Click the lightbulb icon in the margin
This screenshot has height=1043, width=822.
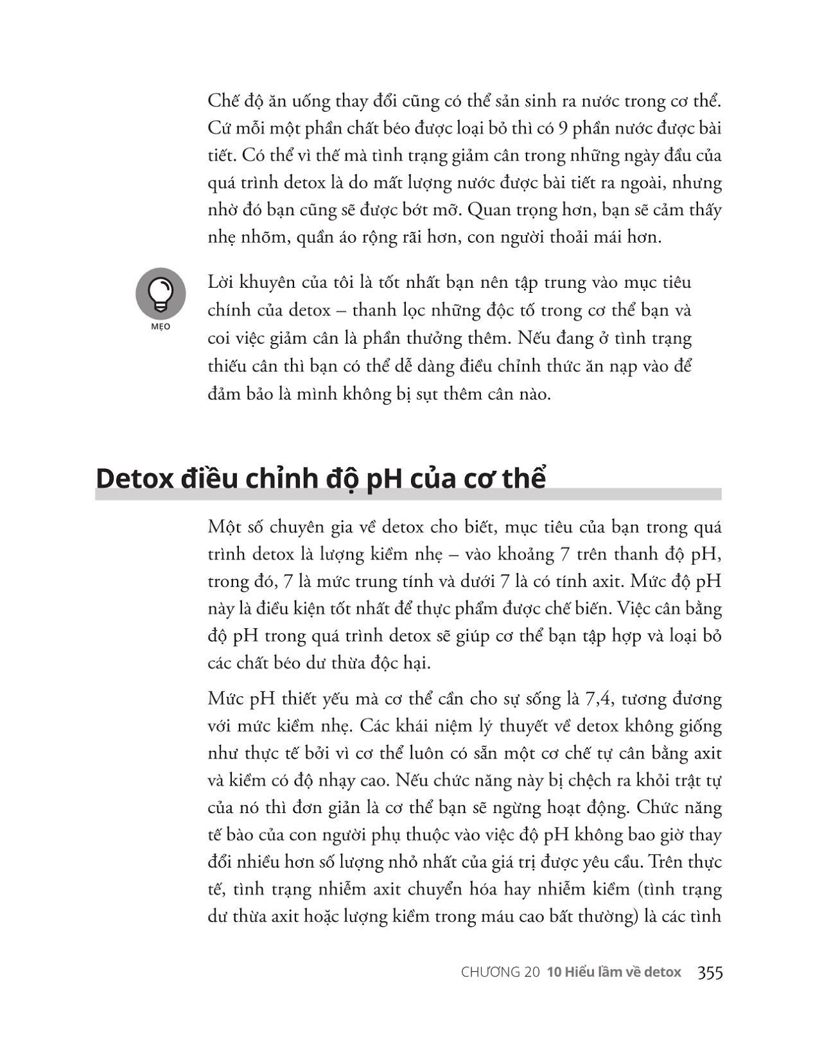(x=161, y=294)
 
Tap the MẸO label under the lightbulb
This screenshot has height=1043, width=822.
(x=161, y=327)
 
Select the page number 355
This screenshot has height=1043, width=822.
(x=710, y=972)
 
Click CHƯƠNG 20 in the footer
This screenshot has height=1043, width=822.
(x=500, y=972)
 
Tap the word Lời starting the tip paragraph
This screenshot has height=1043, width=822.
(x=222, y=283)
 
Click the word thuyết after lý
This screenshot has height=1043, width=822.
(x=534, y=726)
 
